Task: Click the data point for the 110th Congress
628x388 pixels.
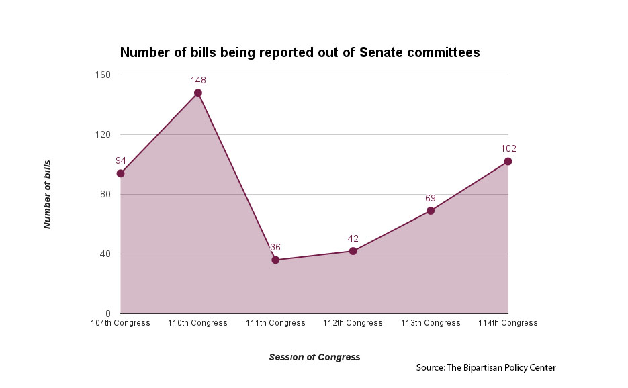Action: [x=198, y=93]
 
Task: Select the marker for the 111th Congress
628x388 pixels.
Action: [x=275, y=260]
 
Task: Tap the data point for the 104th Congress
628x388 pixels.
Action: [x=120, y=173]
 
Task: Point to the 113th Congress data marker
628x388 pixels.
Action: [x=431, y=211]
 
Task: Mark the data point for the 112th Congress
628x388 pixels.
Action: [x=353, y=251]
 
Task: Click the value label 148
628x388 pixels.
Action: [x=198, y=80]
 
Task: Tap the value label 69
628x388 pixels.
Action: [x=431, y=198]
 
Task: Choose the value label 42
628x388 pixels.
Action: [x=353, y=238]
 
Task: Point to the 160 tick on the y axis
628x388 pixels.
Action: [x=105, y=75]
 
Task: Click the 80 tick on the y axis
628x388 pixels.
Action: [x=107, y=194]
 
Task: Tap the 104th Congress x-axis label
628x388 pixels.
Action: [x=121, y=323]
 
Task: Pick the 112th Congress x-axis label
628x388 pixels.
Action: [x=353, y=323]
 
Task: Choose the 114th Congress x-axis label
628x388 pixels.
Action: [x=508, y=323]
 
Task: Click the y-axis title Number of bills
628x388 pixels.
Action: [x=48, y=195]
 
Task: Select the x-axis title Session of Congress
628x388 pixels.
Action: [x=314, y=357]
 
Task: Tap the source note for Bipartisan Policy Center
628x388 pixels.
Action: [x=486, y=367]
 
